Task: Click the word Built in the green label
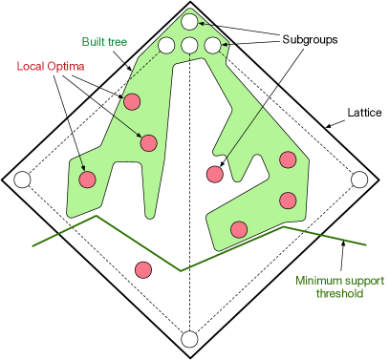click(x=93, y=43)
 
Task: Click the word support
click(x=364, y=281)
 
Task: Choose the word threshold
click(x=340, y=294)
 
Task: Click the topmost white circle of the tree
click(x=189, y=22)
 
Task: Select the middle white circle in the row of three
click(x=189, y=45)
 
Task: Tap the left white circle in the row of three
click(x=166, y=45)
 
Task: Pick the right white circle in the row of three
click(x=212, y=45)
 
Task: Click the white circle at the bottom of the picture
click(x=189, y=339)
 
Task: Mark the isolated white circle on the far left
click(x=22, y=180)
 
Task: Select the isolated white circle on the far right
click(x=359, y=180)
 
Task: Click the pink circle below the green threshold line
click(x=143, y=270)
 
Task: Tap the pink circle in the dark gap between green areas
click(x=215, y=174)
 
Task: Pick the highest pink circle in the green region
click(x=133, y=102)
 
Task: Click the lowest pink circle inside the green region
click(x=239, y=229)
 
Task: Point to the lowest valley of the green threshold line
click(x=182, y=271)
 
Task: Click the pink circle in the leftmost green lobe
click(x=87, y=180)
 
